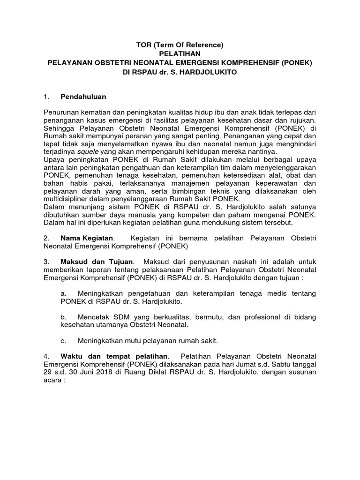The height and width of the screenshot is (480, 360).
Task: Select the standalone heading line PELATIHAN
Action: pyautogui.click(x=180, y=54)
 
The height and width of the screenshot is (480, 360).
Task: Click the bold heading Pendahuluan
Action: pyautogui.click(x=83, y=97)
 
